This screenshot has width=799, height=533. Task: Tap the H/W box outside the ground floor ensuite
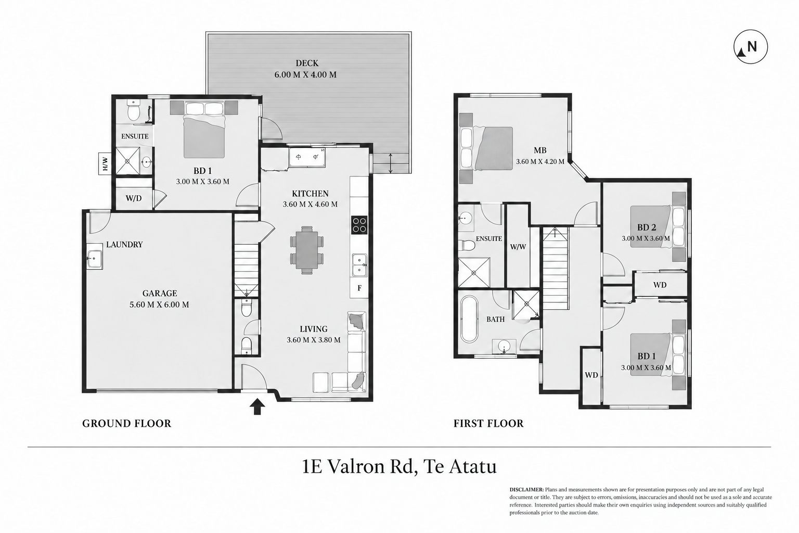point(105,163)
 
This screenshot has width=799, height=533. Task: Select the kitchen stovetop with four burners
point(359,225)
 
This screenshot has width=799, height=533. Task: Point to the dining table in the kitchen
point(307,250)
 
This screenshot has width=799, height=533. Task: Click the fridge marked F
point(359,288)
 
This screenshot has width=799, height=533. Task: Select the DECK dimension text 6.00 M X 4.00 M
point(305,75)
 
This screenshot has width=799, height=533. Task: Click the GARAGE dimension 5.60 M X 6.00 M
point(159,304)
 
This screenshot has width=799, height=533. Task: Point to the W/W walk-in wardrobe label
point(518,247)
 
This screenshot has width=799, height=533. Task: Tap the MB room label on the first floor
point(540,150)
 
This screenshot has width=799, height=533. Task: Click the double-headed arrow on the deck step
point(391,163)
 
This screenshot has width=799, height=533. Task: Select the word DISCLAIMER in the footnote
point(526,489)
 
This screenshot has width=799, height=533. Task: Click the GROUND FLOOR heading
point(126,423)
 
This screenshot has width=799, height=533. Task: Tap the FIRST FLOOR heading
point(488,423)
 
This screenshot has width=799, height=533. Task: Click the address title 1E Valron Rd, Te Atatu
point(399,466)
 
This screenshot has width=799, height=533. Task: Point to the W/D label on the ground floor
point(134,198)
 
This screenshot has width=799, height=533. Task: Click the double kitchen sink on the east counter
point(359,265)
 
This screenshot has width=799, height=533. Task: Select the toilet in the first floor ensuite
point(467,245)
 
